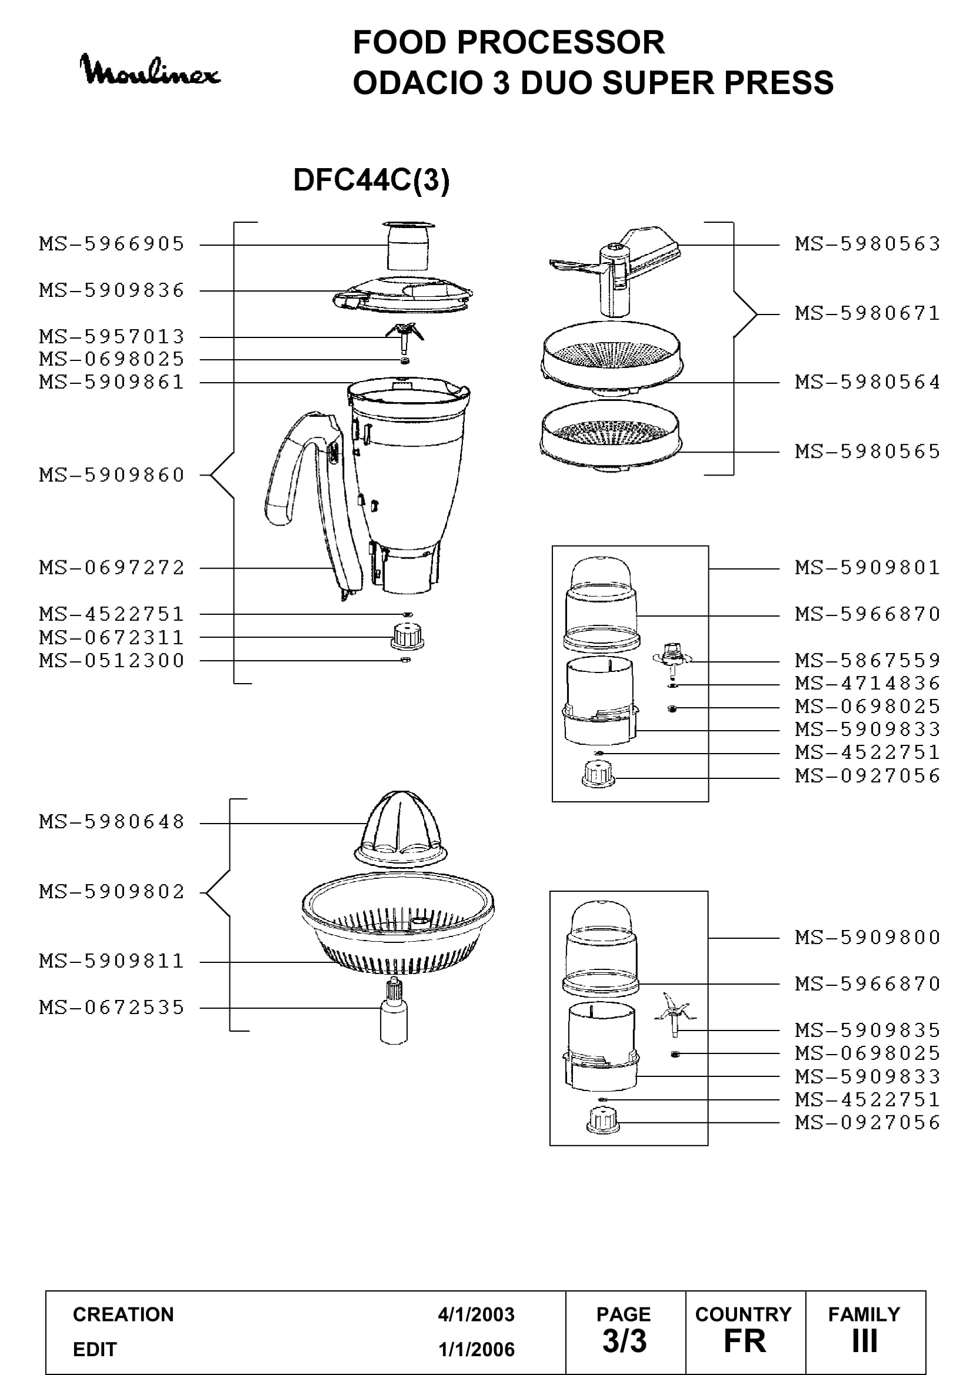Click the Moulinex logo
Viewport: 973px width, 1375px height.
point(150,70)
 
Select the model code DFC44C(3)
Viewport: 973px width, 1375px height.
point(371,180)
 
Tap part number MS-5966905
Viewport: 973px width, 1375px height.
point(112,245)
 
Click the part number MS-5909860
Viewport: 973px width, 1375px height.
point(112,476)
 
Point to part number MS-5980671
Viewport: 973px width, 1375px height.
point(868,313)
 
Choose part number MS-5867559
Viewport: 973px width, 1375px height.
point(868,661)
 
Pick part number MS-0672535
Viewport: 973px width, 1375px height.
point(112,1008)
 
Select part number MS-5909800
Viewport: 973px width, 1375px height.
point(868,937)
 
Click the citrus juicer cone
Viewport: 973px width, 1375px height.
point(401,829)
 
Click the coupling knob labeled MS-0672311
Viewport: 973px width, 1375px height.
point(408,636)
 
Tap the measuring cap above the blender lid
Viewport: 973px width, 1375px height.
point(408,246)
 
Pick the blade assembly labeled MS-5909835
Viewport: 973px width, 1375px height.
point(675,1014)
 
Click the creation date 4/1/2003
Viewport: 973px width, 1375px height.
point(476,1314)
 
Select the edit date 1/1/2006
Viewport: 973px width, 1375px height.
point(476,1349)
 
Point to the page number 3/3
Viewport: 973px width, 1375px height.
point(624,1341)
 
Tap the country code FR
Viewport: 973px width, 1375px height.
point(745,1341)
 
